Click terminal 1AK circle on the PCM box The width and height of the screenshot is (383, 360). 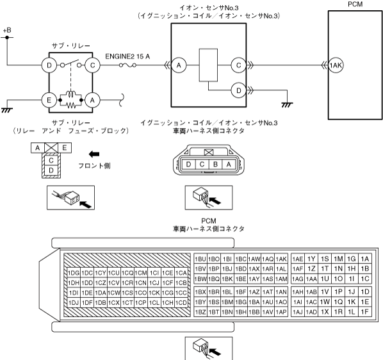point(336,65)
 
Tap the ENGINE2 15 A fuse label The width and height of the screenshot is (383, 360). point(127,56)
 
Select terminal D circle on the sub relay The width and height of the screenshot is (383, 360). point(49,65)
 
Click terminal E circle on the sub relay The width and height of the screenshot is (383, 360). point(49,100)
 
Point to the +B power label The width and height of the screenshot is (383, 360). point(7,30)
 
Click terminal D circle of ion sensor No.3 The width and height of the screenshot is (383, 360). point(239,90)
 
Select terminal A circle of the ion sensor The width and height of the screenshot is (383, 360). point(179,65)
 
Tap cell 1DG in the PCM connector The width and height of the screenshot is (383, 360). point(74,273)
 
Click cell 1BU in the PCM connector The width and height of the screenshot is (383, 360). point(200,259)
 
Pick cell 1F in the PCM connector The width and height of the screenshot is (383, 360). point(364,312)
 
